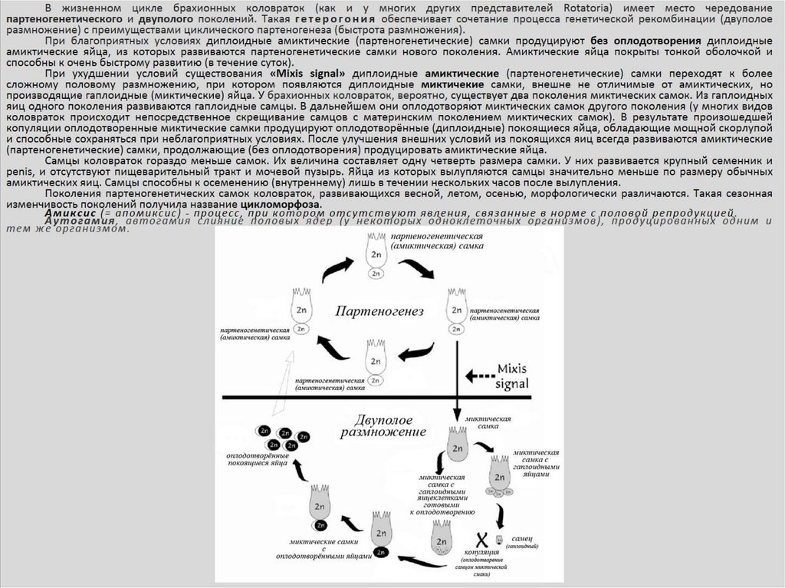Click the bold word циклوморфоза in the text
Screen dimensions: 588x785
[280, 205]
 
